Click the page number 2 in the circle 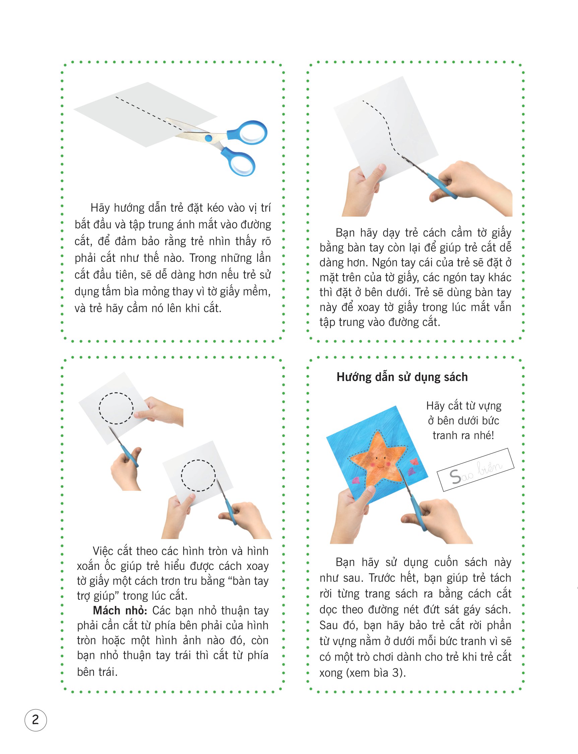point(36,720)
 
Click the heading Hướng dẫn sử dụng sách point(402,377)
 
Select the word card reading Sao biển point(475,470)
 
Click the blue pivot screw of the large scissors point(208,138)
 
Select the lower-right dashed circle point(198,475)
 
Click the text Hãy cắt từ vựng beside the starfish point(463,406)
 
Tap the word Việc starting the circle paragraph point(103,551)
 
